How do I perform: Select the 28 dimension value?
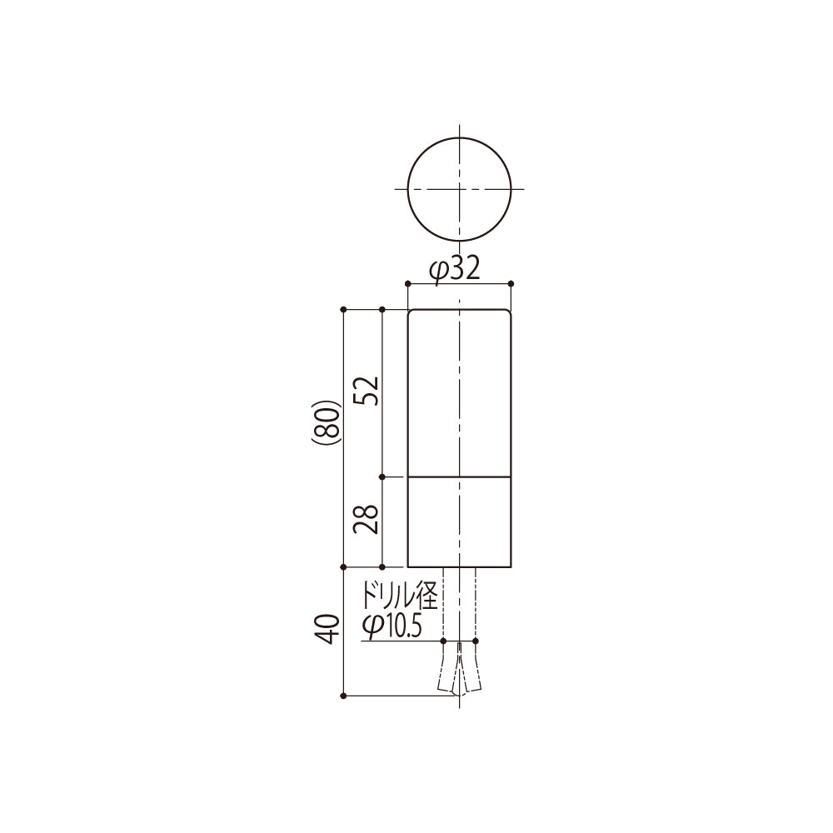click(369, 520)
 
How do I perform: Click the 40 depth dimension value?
click(331, 628)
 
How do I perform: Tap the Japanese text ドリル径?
click(398, 597)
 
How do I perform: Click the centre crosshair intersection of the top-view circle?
click(459, 189)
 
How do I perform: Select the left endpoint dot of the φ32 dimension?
click(407, 284)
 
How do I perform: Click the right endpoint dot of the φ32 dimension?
click(511, 284)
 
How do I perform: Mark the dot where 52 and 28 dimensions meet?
click(382, 477)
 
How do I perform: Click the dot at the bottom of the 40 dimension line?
click(344, 695)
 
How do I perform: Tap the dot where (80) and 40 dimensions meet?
click(344, 566)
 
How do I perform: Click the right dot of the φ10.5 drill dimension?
click(476, 641)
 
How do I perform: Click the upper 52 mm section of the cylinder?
click(459, 392)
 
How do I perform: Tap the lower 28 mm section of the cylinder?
click(459, 521)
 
